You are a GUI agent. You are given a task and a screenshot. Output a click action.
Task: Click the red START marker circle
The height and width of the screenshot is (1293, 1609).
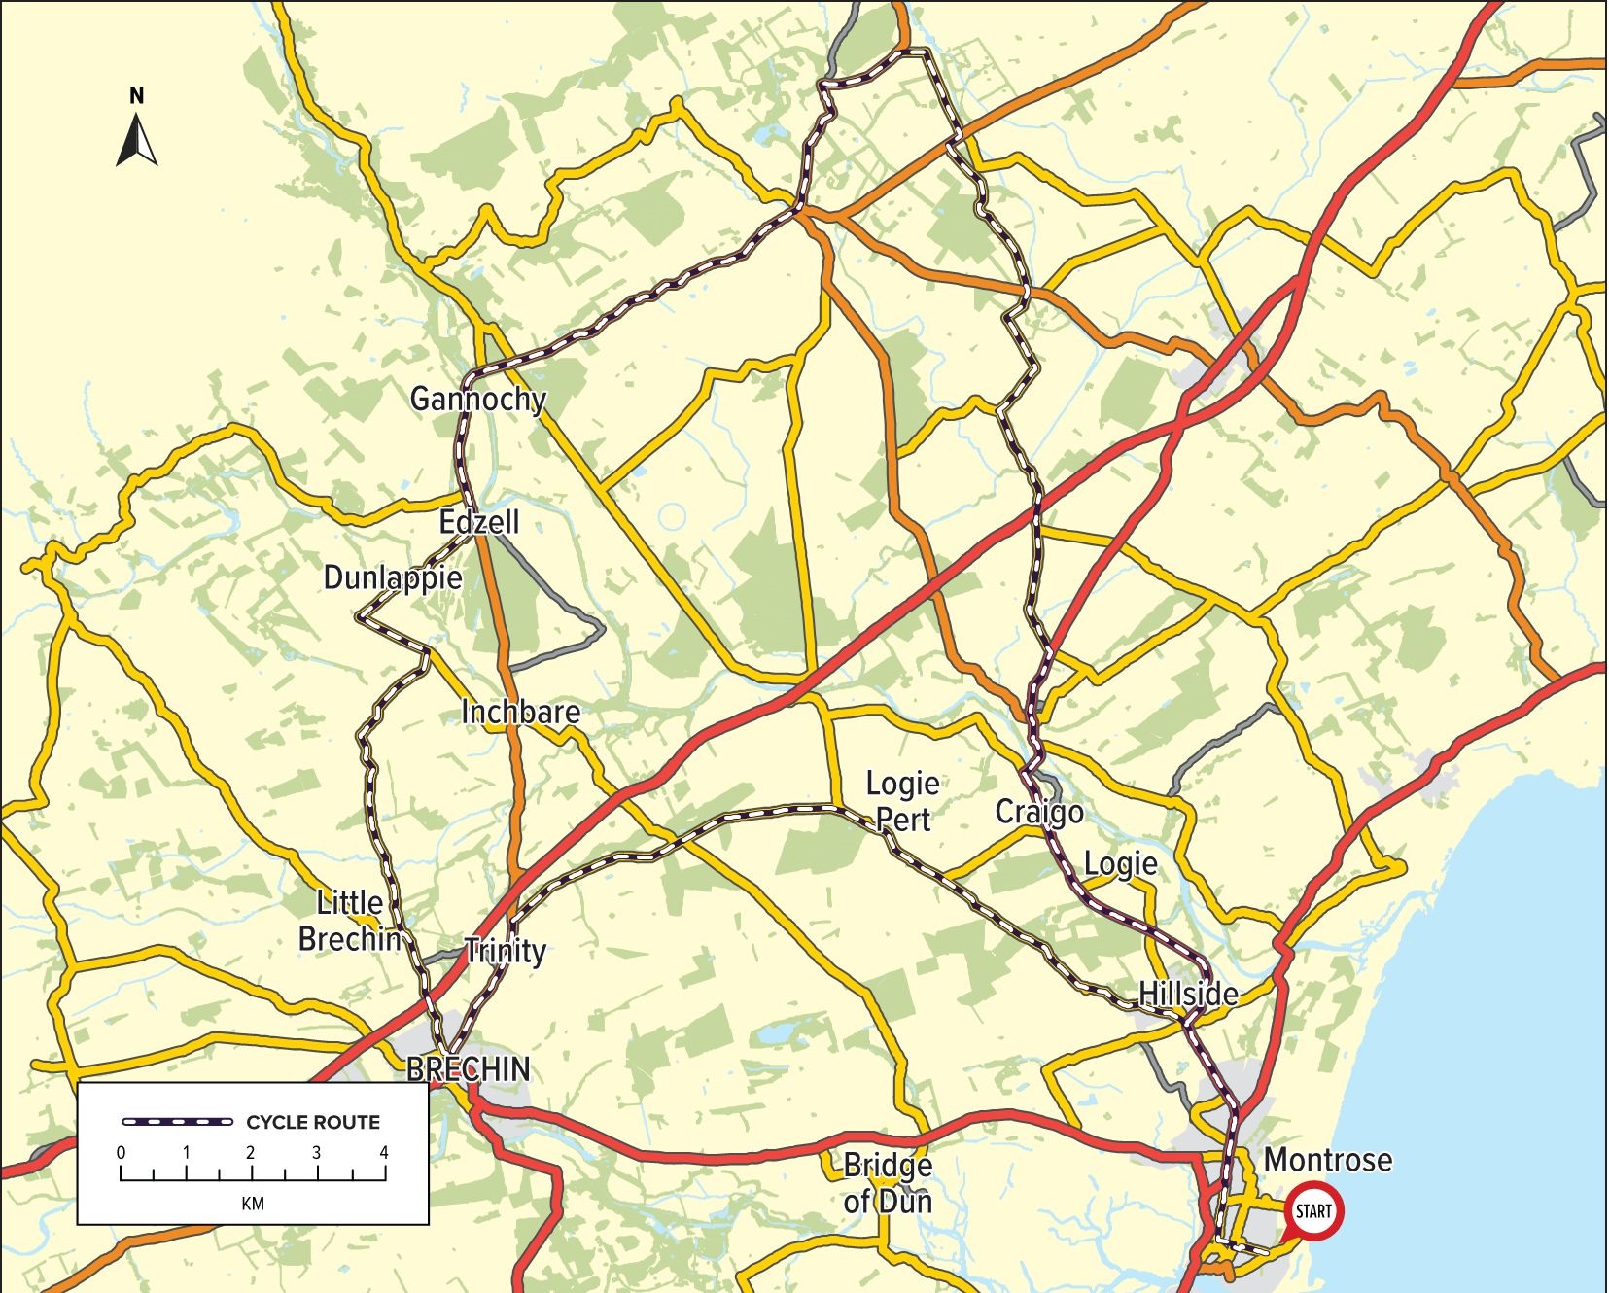click(x=1312, y=1211)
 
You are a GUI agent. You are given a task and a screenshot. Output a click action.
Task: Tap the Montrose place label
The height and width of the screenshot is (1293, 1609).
click(x=1327, y=1160)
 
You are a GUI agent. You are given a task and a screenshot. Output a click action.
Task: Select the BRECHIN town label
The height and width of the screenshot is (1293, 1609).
click(x=469, y=1069)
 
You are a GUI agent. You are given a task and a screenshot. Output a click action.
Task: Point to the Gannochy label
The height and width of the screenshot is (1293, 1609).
click(x=477, y=399)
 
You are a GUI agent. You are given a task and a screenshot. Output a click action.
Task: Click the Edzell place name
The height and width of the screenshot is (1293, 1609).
click(x=479, y=522)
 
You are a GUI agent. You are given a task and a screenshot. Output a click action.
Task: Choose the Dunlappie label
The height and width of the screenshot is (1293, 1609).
click(x=393, y=577)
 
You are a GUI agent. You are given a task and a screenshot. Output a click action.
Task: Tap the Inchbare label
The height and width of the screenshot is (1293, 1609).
click(x=521, y=712)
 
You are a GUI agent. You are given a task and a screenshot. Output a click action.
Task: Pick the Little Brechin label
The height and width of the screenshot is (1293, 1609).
click(x=350, y=921)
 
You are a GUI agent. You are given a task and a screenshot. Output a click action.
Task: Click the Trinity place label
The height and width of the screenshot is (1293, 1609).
click(x=505, y=950)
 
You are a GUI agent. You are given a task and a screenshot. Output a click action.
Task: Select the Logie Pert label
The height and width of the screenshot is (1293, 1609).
click(x=903, y=801)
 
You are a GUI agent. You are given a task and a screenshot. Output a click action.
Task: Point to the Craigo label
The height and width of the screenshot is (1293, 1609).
click(x=1039, y=812)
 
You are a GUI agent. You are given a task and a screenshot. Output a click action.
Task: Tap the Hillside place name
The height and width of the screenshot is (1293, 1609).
click(x=1188, y=994)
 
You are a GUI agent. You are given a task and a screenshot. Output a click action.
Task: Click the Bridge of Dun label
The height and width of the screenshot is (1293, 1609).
click(x=888, y=1183)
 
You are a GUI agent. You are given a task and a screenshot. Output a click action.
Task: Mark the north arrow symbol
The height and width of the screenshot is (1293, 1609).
click(x=137, y=141)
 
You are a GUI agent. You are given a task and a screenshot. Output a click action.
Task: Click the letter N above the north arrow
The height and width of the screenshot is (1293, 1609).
click(x=137, y=95)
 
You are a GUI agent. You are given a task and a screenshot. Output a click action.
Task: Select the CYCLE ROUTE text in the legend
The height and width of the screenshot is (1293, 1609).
click(x=313, y=1122)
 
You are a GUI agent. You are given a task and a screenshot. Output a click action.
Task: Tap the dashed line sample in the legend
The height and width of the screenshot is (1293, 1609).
click(x=178, y=1122)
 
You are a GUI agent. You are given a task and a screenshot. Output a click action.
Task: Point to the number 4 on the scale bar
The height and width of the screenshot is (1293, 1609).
click(x=384, y=1153)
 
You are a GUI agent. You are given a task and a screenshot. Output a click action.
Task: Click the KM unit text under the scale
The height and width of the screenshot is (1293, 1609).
click(x=253, y=1204)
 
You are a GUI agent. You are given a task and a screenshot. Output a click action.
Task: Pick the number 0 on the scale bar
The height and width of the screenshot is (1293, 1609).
click(x=122, y=1153)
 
